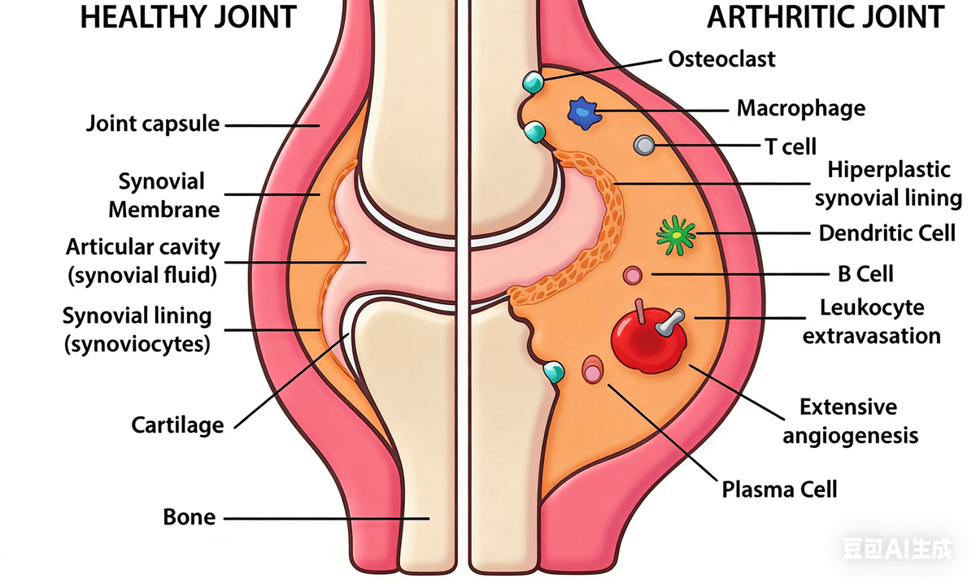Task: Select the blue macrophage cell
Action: [584, 111]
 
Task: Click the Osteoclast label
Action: [721, 59]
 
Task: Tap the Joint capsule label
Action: [153, 124]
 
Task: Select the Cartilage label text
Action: [177, 424]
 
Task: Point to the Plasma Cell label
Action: [779, 489]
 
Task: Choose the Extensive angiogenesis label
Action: [850, 421]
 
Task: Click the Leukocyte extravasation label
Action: [872, 321]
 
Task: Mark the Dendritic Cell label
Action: [887, 233]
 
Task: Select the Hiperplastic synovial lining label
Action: [888, 184]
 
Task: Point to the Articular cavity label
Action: [143, 260]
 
